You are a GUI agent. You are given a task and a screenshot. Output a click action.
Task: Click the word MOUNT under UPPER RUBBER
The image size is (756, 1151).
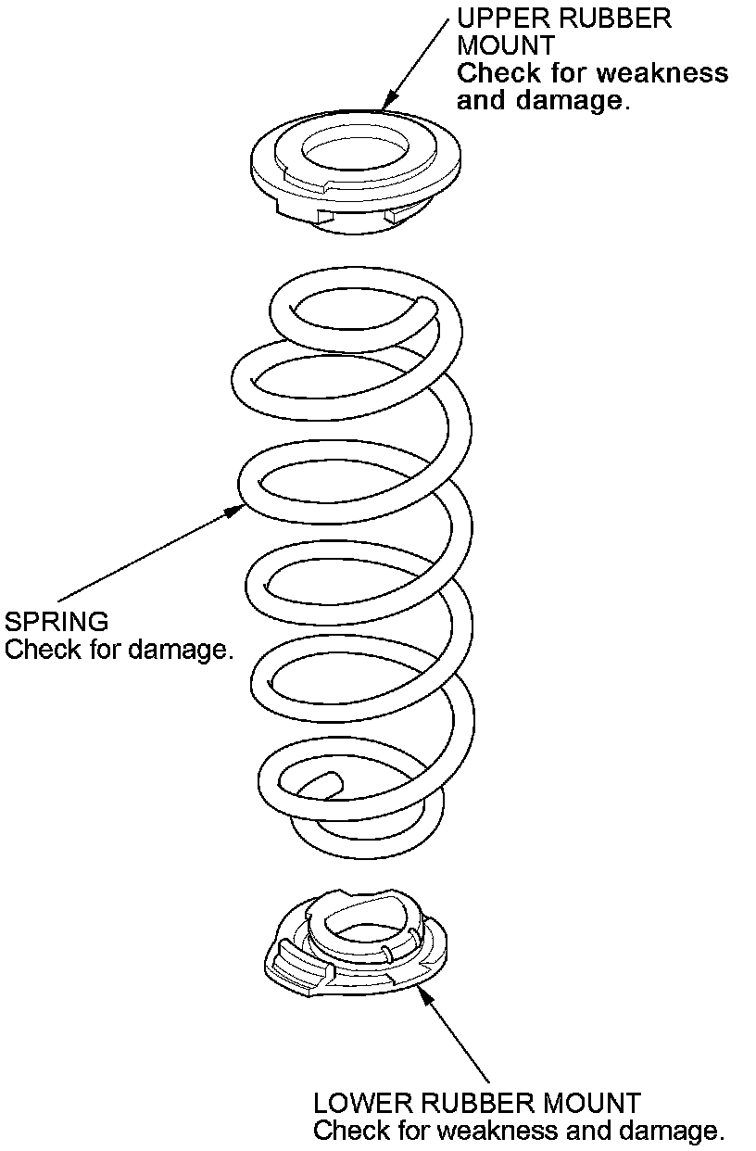click(505, 45)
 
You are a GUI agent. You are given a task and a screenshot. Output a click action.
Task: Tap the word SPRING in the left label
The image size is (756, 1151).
click(57, 620)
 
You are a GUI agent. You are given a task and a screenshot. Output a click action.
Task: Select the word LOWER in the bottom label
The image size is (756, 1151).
click(364, 1103)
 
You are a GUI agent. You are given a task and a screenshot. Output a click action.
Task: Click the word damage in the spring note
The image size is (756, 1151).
click(178, 649)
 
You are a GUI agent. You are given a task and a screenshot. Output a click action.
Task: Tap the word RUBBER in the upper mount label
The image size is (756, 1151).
click(619, 19)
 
